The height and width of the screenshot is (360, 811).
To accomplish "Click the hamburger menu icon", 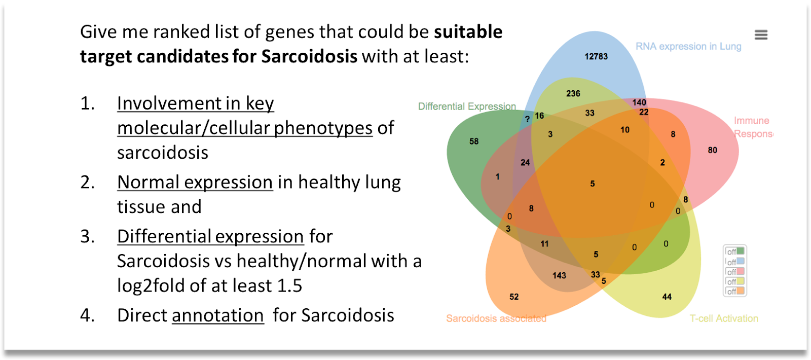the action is (x=761, y=35).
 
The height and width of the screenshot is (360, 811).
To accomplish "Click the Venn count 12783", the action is (x=596, y=56).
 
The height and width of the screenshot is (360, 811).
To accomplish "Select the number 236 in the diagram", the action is (x=573, y=94).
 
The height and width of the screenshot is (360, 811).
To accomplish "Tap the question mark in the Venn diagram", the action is (x=528, y=119).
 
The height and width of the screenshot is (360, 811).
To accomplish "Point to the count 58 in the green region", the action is (x=474, y=141).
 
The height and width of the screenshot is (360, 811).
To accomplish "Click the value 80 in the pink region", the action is (x=713, y=150).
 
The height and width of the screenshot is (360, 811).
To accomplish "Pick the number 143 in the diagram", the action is (x=559, y=276).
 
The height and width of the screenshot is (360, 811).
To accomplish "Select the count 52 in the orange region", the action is (x=514, y=297).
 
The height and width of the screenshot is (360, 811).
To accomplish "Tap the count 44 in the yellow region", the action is (x=667, y=297).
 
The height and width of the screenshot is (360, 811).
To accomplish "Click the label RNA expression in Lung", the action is (x=689, y=46).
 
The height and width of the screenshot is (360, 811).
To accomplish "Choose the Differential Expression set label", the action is (x=467, y=106).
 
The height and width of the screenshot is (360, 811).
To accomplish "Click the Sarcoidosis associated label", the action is (x=496, y=318).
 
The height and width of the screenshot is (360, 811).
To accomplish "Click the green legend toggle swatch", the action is (x=740, y=251).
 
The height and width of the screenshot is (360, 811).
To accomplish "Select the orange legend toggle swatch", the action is (x=740, y=291).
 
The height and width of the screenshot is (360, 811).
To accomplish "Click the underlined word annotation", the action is (x=217, y=315).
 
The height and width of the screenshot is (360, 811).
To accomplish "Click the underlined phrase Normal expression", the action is (x=195, y=183).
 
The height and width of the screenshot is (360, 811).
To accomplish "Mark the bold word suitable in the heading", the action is (x=468, y=32).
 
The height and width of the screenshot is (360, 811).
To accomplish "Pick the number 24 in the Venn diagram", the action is (x=525, y=163).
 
